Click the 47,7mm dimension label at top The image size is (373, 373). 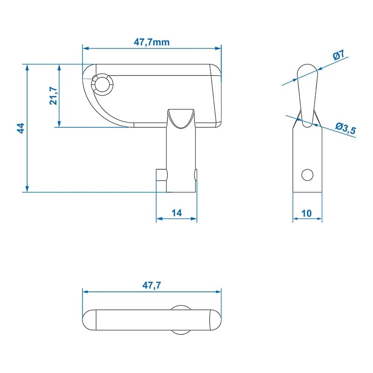coord(152,42)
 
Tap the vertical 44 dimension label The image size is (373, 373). coord(21,128)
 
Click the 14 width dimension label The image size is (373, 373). coord(176,213)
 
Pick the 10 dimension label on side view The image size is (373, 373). coord(306,213)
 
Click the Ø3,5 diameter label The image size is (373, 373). coord(345,128)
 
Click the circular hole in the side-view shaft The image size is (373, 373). coord(307,175)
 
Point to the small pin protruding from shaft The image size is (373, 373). coord(161,176)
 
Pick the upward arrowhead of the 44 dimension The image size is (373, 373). coord(28,68)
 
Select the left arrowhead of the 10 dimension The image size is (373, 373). coord(296,219)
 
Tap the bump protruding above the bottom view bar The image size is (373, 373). coord(181,307)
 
